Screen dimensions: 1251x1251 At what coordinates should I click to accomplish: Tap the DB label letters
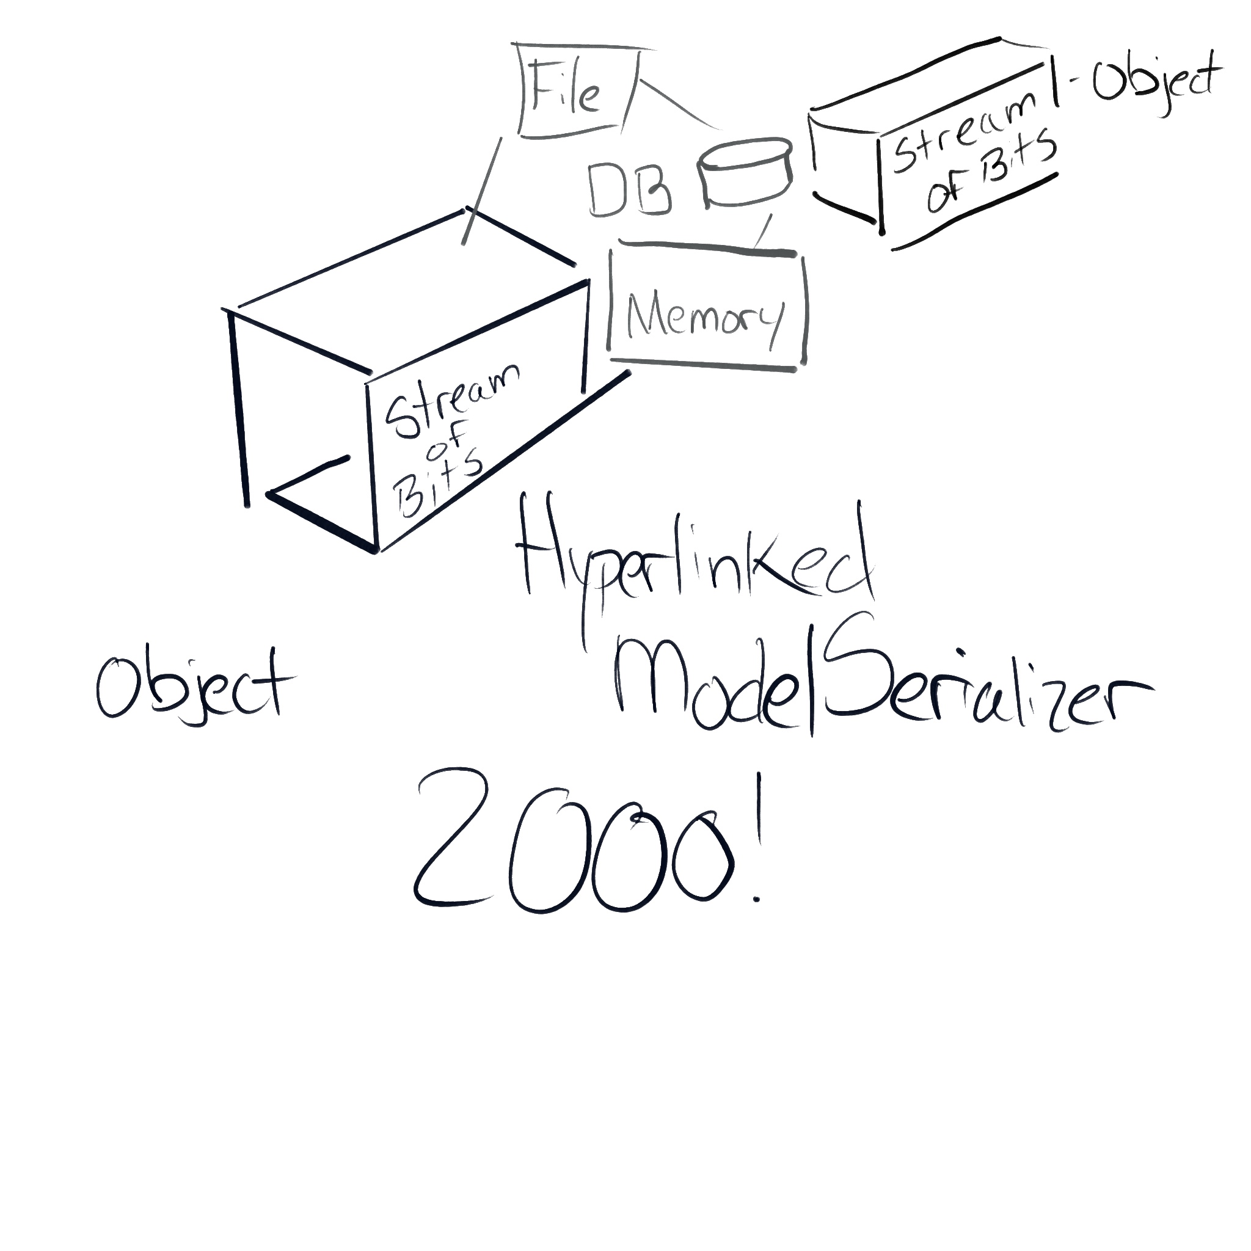629,190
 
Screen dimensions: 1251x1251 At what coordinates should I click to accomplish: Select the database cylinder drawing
745,173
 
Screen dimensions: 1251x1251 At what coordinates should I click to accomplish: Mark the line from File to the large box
482,191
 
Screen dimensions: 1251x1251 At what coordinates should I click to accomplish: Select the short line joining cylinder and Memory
764,230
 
